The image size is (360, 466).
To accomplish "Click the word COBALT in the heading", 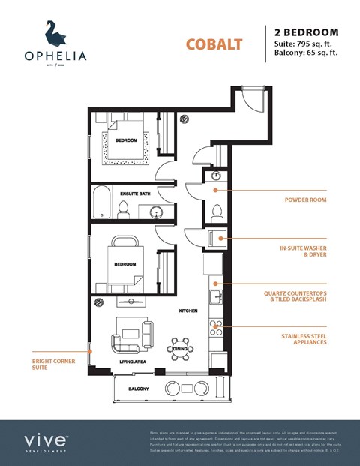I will [x=214, y=44].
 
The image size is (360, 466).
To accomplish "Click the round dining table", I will [x=181, y=349].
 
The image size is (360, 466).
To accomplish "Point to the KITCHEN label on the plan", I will [x=187, y=311].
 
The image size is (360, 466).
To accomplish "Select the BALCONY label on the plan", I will [x=138, y=389].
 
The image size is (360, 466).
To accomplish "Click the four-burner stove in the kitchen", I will [x=216, y=327].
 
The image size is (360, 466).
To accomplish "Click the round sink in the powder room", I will [x=215, y=176].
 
